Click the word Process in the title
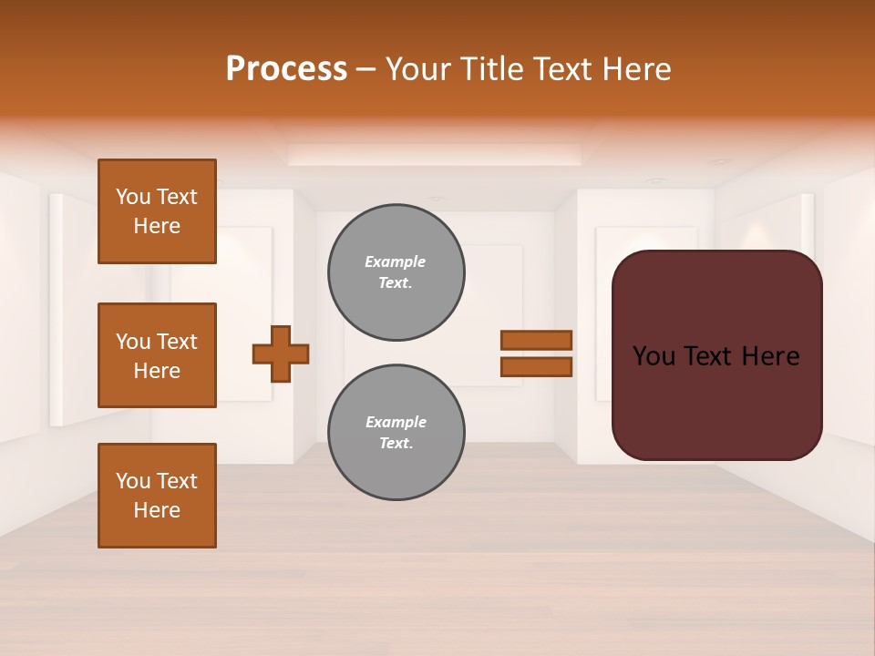(x=286, y=69)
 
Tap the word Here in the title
(x=636, y=69)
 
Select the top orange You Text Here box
(x=157, y=211)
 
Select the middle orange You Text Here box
(x=157, y=355)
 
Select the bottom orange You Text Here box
(x=157, y=496)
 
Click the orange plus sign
(x=281, y=354)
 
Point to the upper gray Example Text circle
(x=396, y=272)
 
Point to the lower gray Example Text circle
(x=396, y=433)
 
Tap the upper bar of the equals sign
(x=536, y=340)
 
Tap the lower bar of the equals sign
(x=536, y=367)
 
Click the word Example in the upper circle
(x=396, y=261)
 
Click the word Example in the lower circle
(x=396, y=422)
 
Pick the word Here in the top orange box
(x=157, y=226)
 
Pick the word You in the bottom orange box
(x=132, y=481)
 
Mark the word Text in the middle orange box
(x=177, y=342)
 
